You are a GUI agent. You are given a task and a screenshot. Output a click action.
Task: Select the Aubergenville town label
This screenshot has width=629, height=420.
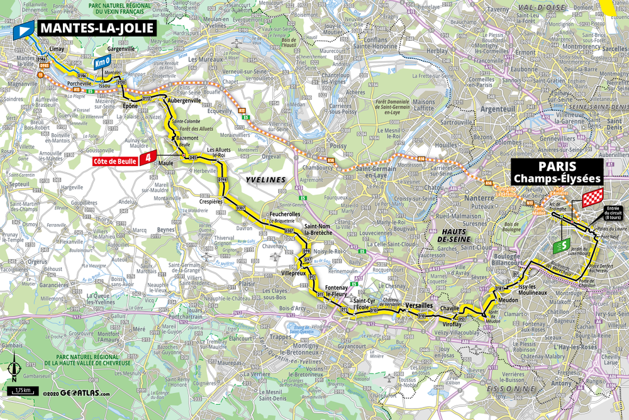[x=182, y=100]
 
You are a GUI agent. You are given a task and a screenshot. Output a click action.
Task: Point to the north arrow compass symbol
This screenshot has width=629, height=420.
[x=14, y=368]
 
